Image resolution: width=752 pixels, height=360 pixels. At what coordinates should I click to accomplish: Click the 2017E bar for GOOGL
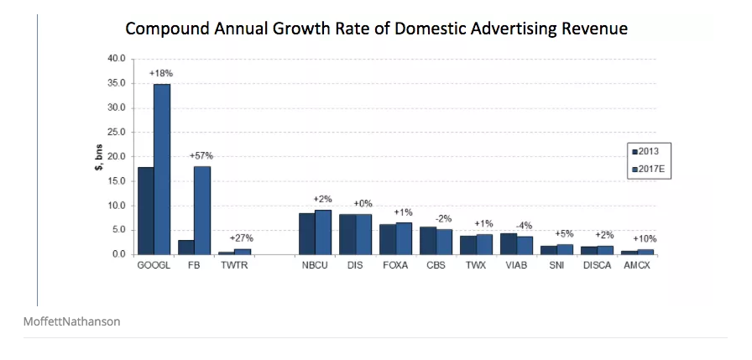pyautogui.click(x=162, y=169)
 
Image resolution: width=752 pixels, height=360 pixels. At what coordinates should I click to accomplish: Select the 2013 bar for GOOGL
pyautogui.click(x=145, y=211)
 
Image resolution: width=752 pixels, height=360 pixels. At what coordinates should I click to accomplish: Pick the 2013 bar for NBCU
pyautogui.click(x=306, y=233)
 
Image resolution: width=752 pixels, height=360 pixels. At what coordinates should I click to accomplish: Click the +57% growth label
pyautogui.click(x=202, y=156)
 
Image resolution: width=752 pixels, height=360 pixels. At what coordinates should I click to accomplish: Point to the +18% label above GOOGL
pyautogui.click(x=161, y=74)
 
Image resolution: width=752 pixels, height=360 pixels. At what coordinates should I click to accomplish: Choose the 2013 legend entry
pyautogui.click(x=645, y=152)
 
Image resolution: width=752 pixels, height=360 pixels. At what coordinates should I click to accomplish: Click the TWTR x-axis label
pyautogui.click(x=235, y=266)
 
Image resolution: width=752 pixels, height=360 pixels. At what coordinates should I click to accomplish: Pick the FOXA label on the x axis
pyautogui.click(x=395, y=266)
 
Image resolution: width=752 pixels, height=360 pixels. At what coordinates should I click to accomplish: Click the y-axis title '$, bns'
pyautogui.click(x=99, y=157)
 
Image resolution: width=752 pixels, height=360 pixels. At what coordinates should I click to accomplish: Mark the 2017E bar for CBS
pyautogui.click(x=444, y=242)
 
